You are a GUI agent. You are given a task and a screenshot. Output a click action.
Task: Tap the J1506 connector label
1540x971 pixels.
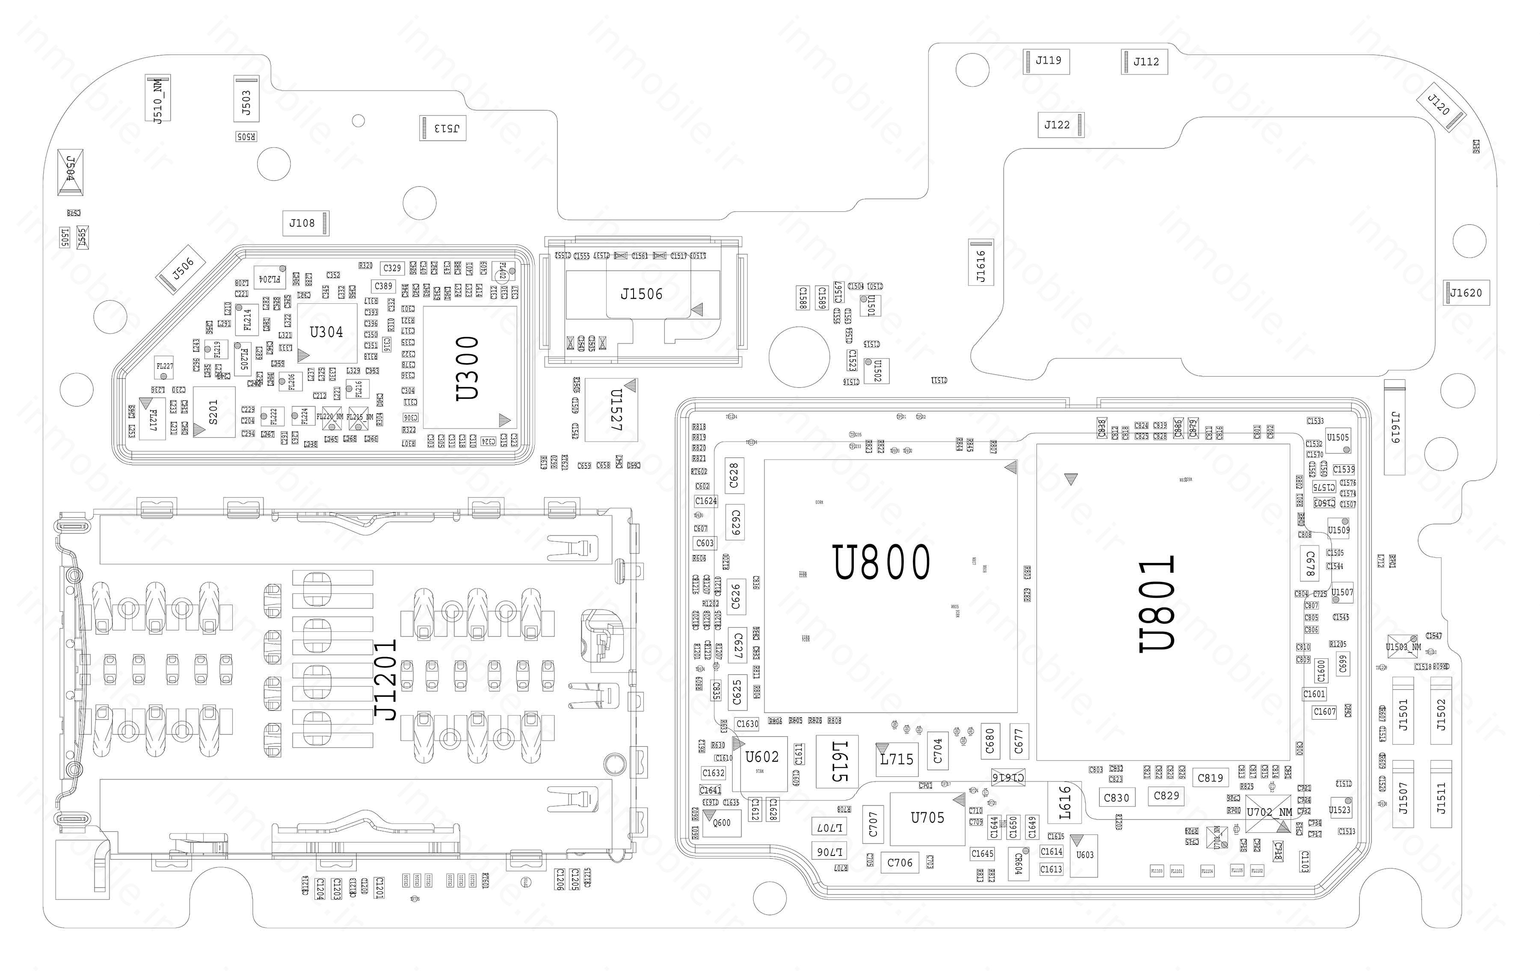642,294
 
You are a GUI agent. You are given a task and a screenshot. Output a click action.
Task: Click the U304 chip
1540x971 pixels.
326,332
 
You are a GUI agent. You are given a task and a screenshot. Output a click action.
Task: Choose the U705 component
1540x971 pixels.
927,817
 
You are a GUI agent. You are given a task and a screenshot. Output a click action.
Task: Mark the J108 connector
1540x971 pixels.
302,223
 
